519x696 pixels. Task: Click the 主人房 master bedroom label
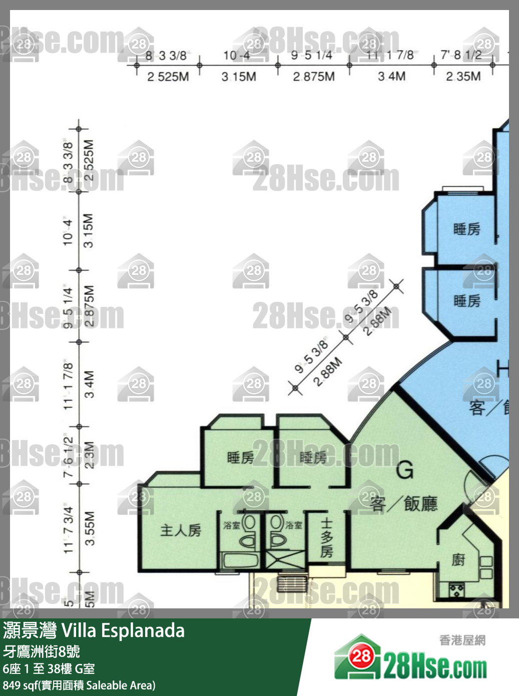click(180, 530)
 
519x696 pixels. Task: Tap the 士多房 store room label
click(326, 538)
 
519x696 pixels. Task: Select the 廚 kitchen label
click(458, 559)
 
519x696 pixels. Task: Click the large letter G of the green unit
click(404, 470)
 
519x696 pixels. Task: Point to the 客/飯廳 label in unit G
click(403, 503)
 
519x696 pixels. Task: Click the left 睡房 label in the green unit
click(240, 457)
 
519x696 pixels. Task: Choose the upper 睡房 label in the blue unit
click(466, 229)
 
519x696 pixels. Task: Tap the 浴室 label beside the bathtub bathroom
click(232, 525)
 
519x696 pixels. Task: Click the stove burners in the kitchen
click(456, 589)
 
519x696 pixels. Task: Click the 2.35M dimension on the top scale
click(463, 77)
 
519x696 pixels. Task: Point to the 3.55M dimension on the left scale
click(90, 528)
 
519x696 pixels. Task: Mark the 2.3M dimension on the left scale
click(89, 455)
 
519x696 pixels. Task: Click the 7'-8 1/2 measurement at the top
click(461, 55)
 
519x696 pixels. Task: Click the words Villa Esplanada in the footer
click(123, 630)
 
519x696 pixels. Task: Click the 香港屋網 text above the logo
click(462, 640)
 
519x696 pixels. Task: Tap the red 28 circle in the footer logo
click(361, 656)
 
